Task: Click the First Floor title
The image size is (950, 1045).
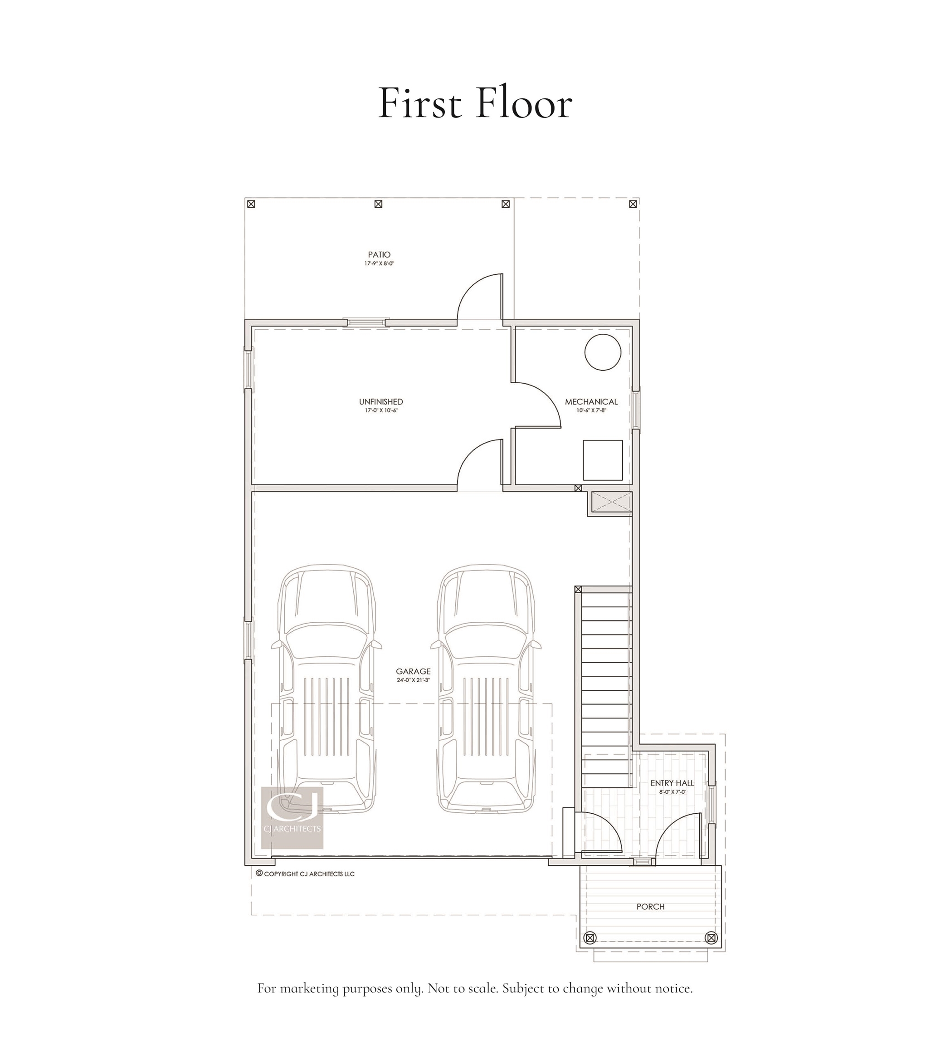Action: [475, 103]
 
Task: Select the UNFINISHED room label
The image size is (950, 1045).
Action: [381, 402]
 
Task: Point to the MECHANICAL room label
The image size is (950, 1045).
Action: [591, 402]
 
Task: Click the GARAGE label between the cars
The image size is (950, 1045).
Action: [413, 671]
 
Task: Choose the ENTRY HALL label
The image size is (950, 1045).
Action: [672, 783]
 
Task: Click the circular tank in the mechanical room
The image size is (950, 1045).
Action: [602, 352]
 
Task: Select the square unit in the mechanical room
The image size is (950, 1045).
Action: [602, 460]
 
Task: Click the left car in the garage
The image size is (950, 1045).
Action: [326, 689]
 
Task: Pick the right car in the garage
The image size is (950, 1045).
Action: [486, 689]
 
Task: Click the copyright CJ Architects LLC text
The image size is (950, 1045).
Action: [309, 874]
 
